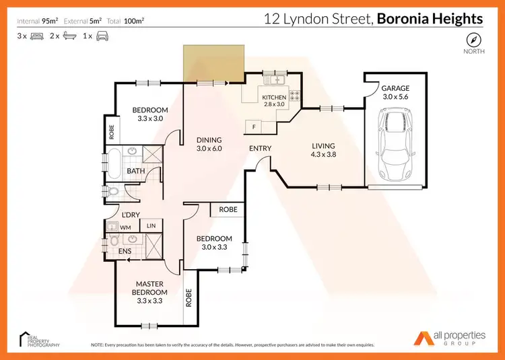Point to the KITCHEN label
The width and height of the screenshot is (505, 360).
click(x=274, y=98)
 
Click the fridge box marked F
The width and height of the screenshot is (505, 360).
click(x=254, y=127)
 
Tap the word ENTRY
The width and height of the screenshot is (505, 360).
click(x=260, y=148)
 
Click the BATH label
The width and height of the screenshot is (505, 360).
click(x=136, y=171)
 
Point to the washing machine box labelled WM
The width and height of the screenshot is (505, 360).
click(x=125, y=227)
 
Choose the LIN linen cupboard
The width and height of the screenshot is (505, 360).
click(x=151, y=226)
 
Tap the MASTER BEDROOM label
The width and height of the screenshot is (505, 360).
click(x=149, y=288)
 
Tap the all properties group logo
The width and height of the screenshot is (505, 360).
click(x=448, y=338)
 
